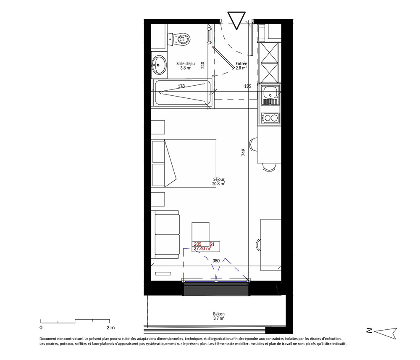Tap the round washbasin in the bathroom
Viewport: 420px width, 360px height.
159,65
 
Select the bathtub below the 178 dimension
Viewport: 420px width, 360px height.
181,93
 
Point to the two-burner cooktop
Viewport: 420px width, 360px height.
270,118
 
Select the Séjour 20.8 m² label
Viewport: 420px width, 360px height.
218,181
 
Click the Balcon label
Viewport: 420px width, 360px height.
219,316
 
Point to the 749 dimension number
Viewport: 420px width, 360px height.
243,152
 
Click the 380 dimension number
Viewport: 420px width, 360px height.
216,260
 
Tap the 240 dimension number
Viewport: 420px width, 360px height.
202,65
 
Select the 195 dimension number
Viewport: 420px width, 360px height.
248,86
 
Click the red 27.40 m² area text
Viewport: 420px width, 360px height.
202,249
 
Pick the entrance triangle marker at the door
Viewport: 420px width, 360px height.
236,20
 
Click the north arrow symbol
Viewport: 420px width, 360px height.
385,332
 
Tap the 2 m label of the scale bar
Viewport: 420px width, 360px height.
110,328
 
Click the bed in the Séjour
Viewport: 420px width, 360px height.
184,163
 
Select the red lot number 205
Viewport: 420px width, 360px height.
198,244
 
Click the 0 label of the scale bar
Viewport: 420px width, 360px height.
41,328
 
